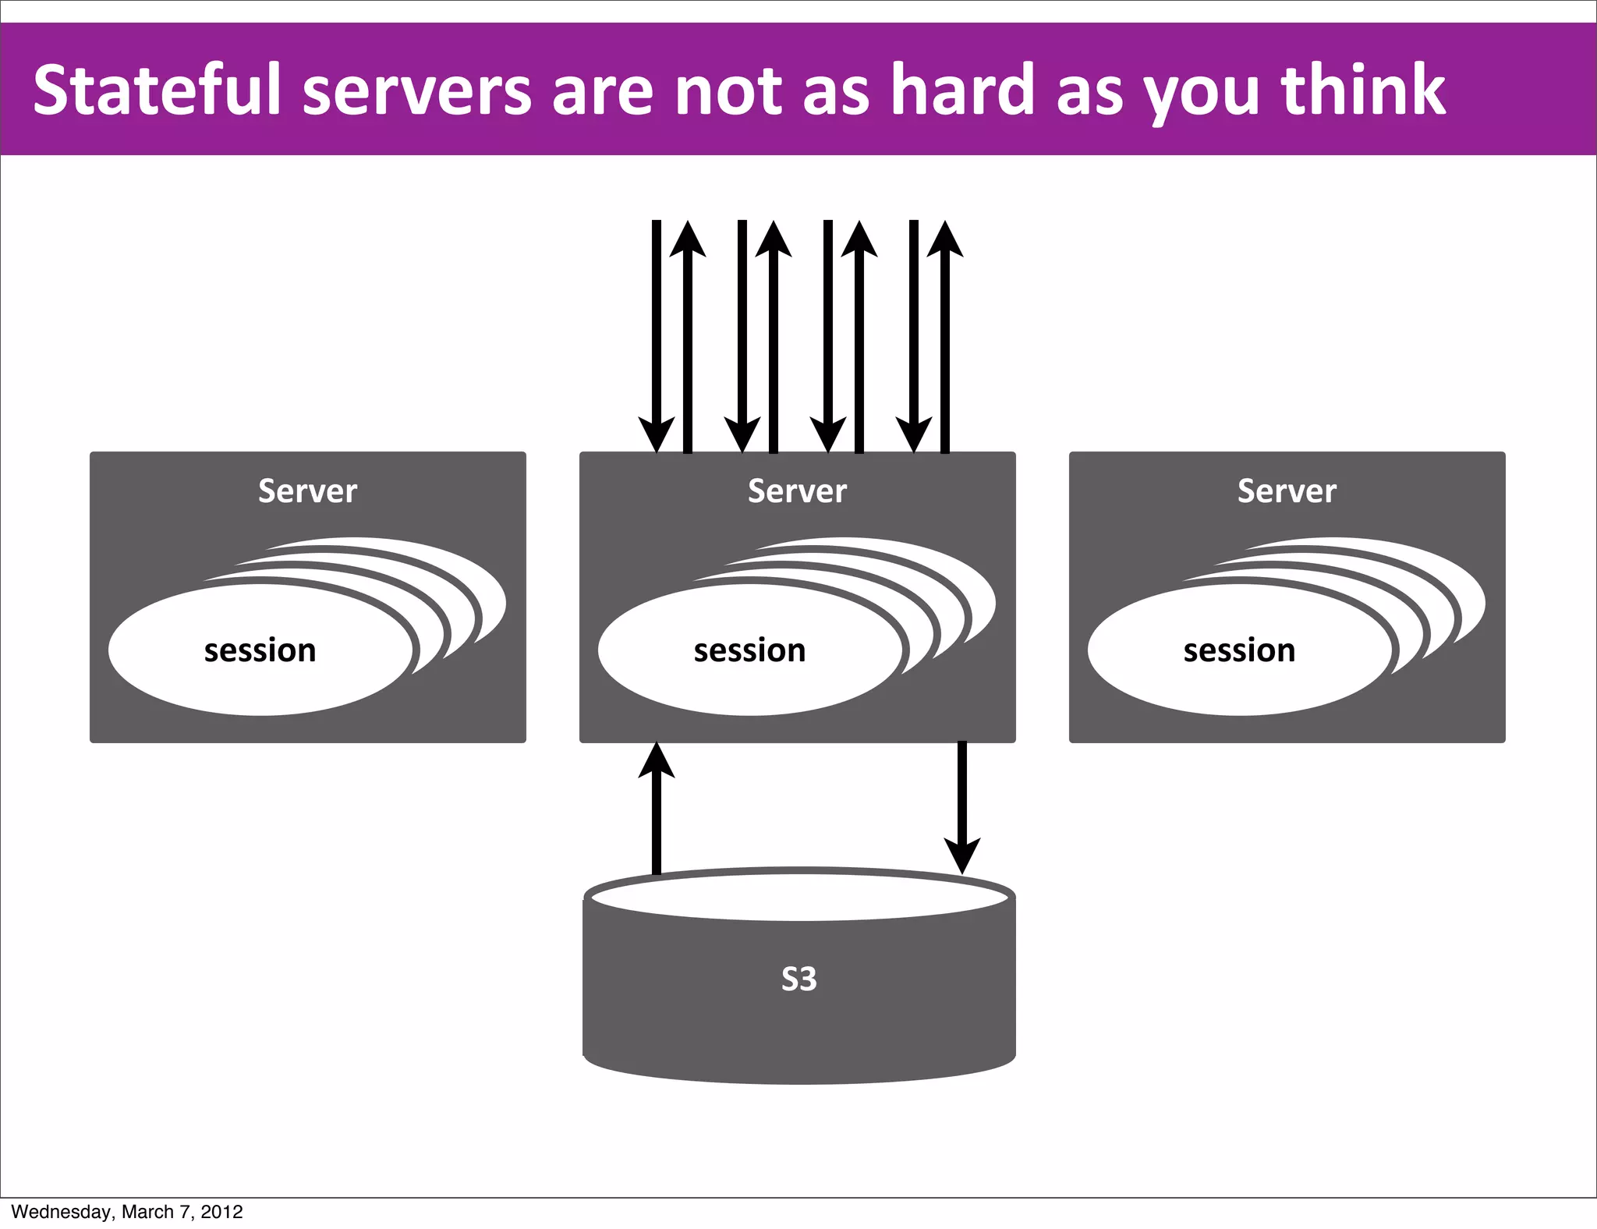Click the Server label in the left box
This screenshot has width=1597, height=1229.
[307, 491]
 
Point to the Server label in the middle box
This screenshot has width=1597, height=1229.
[797, 491]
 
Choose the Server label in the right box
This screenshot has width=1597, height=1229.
[1287, 491]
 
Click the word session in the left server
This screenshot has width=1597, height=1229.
[260, 650]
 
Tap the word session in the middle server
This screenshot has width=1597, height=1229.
[749, 650]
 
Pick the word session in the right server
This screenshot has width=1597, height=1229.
[1239, 650]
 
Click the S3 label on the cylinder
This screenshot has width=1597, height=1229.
[799, 979]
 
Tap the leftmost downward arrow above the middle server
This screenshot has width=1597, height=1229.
[657, 335]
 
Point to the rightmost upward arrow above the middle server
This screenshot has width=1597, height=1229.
[945, 335]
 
